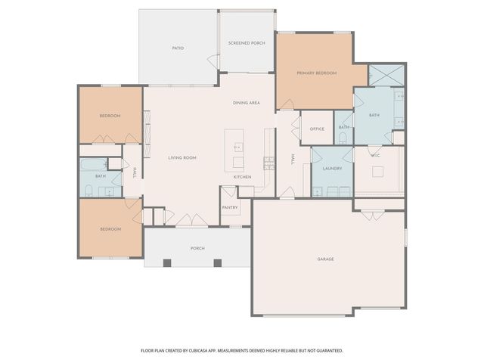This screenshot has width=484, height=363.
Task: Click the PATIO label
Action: tap(178, 48)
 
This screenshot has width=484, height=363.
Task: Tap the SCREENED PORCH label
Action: tap(246, 43)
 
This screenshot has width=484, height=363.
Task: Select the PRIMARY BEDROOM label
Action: tap(316, 73)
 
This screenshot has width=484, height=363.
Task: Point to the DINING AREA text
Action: tap(247, 102)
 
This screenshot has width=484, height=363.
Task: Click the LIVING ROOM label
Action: tap(182, 157)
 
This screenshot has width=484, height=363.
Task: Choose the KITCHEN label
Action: tap(242, 177)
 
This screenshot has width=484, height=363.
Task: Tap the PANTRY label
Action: tap(230, 206)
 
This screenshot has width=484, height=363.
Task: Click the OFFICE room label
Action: tap(317, 129)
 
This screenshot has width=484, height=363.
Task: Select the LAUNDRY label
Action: tap(333, 168)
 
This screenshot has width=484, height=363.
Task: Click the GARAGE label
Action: tap(326, 259)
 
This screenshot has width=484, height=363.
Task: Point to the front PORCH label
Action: tap(197, 247)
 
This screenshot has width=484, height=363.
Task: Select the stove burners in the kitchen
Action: tap(268, 162)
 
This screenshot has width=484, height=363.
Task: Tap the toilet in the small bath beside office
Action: tap(343, 138)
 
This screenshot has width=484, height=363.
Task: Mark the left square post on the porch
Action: tap(167, 262)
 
